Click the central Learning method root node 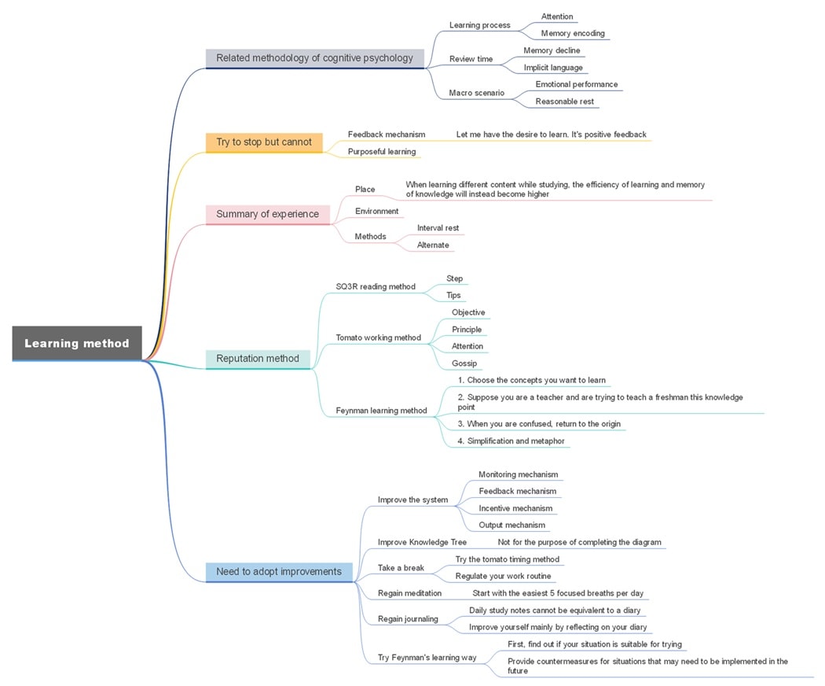pyautogui.click(x=77, y=343)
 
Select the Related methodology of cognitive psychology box pyautogui.click(x=314, y=57)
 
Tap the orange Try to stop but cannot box pyautogui.click(x=264, y=142)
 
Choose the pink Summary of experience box pyautogui.click(x=267, y=214)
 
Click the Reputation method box pyautogui.click(x=258, y=359)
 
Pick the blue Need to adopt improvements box pyautogui.click(x=279, y=572)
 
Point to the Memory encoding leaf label pyautogui.click(x=573, y=34)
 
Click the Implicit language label pyautogui.click(x=553, y=68)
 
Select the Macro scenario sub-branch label pyautogui.click(x=476, y=93)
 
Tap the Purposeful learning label pyautogui.click(x=382, y=151)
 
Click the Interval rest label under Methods pyautogui.click(x=438, y=228)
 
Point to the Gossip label pyautogui.click(x=464, y=363)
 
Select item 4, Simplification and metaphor pyautogui.click(x=511, y=441)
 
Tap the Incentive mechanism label pyautogui.click(x=515, y=508)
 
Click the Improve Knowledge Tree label pyautogui.click(x=422, y=542)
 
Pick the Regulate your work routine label pyautogui.click(x=503, y=576)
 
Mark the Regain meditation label pyautogui.click(x=409, y=593)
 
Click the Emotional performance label pyautogui.click(x=576, y=84)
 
